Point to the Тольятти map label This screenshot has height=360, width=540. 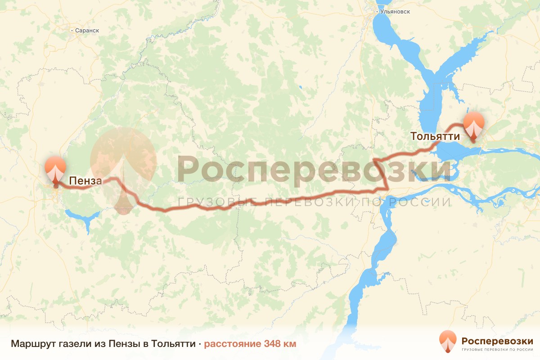435,136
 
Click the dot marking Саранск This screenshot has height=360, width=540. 72,31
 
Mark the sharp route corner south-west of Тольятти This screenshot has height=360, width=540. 387,188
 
